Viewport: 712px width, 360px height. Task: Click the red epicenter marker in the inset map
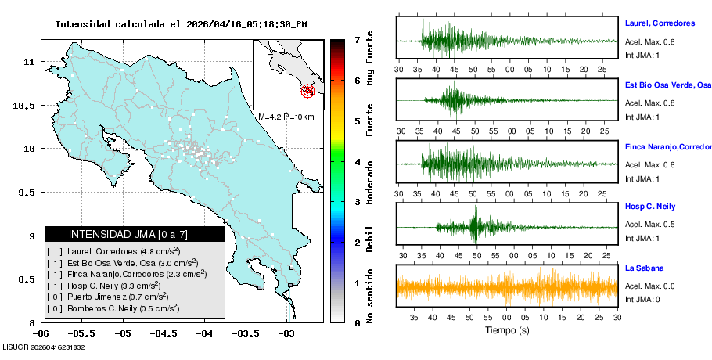click(x=308, y=91)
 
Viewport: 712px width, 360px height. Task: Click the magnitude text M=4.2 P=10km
click(x=286, y=117)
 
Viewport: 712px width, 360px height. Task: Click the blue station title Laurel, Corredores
click(x=660, y=23)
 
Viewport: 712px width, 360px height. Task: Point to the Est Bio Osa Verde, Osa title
click(x=667, y=85)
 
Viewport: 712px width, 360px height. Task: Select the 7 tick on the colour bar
click(x=357, y=40)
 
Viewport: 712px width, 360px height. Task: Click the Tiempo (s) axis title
click(x=507, y=330)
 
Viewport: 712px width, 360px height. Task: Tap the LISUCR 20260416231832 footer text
click(x=44, y=347)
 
